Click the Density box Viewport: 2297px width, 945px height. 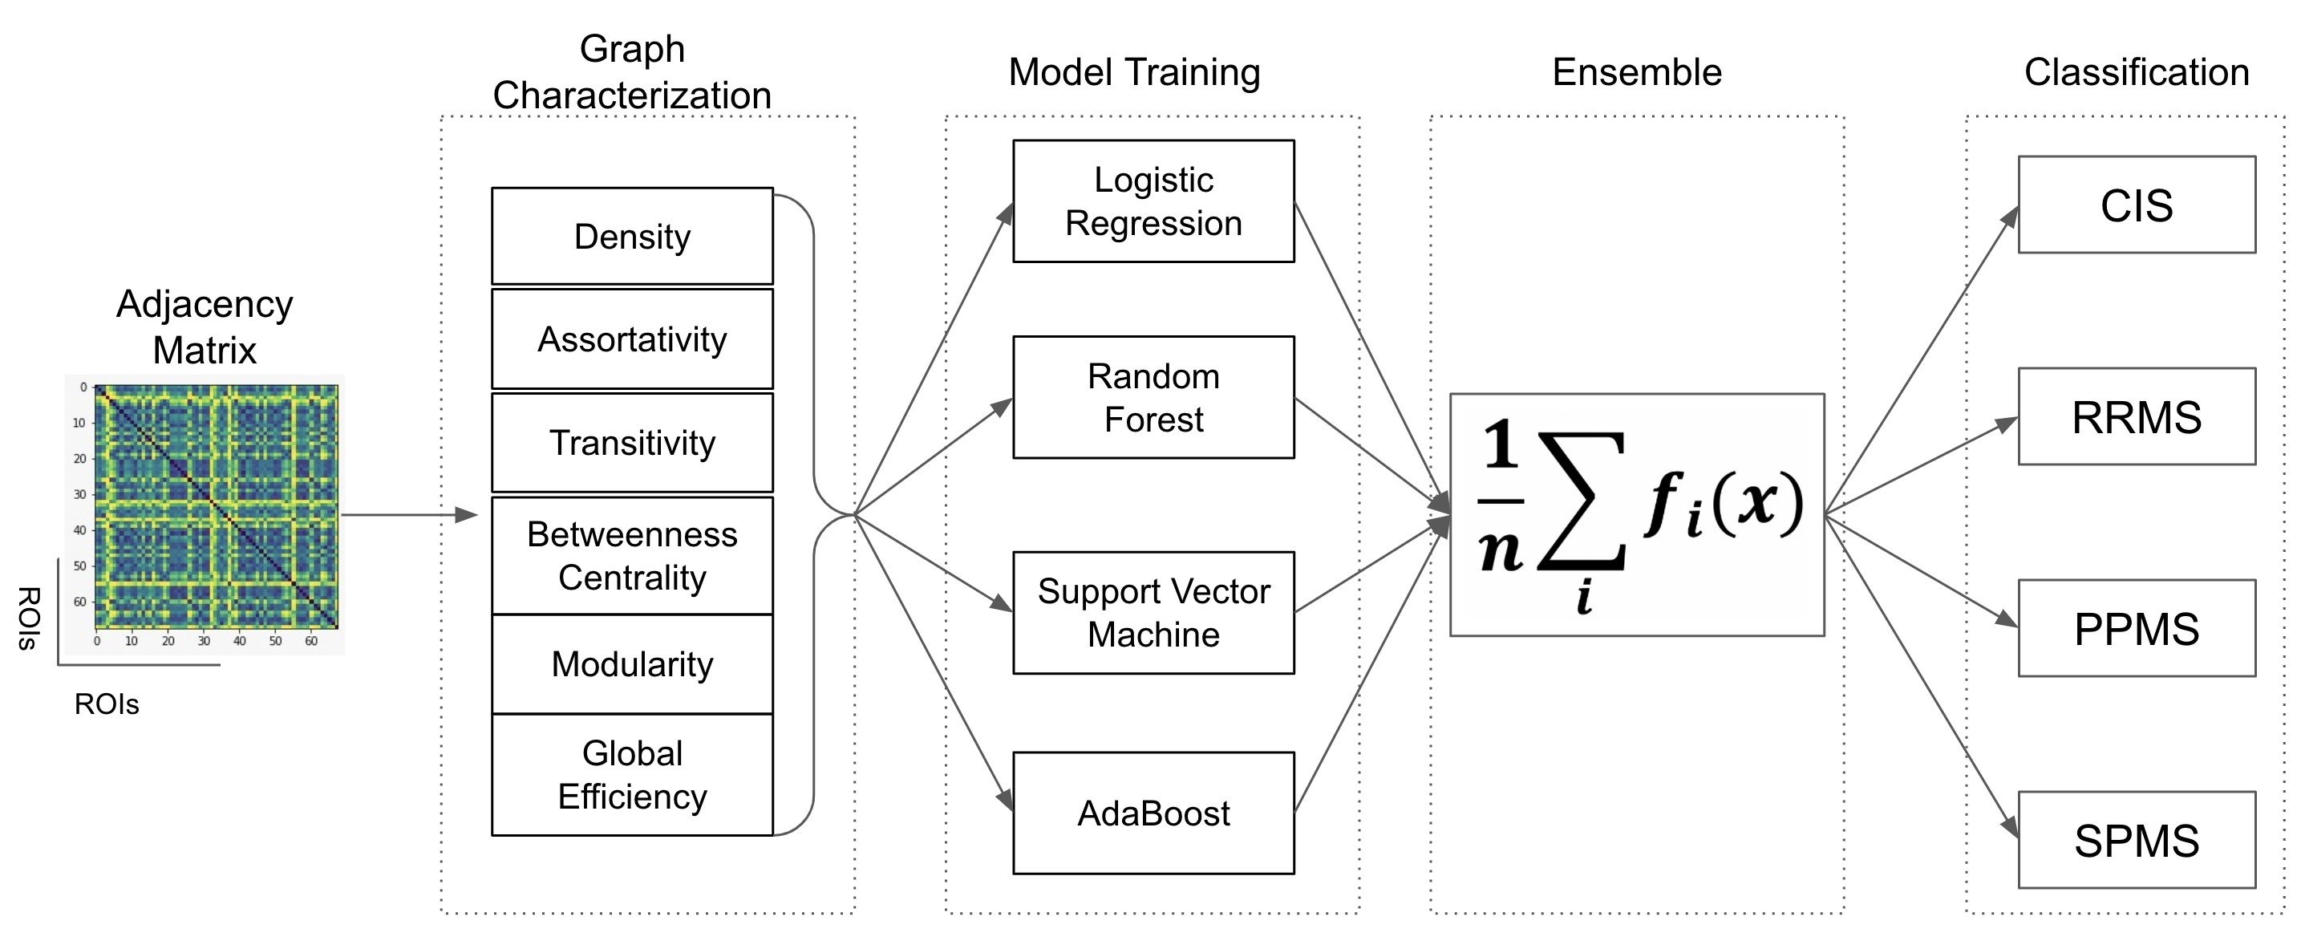tap(632, 236)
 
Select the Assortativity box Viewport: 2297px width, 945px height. tap(632, 339)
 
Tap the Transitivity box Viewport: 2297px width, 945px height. tap(632, 443)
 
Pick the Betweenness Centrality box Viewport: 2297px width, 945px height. tap(632, 556)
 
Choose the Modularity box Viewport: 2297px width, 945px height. tap(632, 664)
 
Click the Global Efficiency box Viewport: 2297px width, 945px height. tap(632, 775)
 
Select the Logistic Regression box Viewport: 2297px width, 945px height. tap(1153, 201)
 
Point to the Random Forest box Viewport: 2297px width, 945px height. tap(1153, 398)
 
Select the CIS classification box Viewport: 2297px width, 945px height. tap(2137, 205)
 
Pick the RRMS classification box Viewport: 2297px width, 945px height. tap(2137, 416)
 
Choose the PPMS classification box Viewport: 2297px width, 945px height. tap(2137, 628)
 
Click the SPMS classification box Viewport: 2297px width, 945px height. tap(2137, 840)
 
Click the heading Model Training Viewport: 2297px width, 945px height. tap(1134, 72)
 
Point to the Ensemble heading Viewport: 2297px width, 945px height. tap(1637, 72)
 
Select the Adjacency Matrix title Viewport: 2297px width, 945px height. tap(205, 327)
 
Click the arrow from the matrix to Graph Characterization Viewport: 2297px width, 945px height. tap(409, 514)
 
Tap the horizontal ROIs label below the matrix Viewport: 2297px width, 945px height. tap(107, 704)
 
